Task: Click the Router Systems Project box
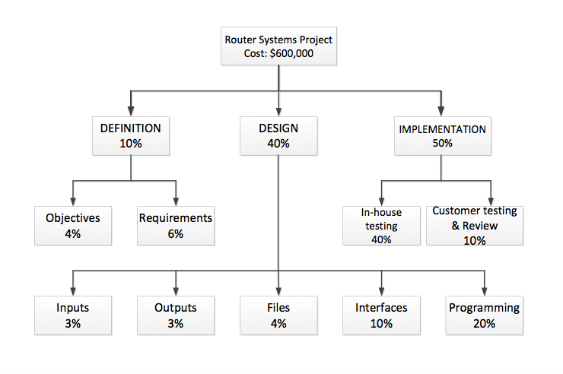278,46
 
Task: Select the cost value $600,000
292,54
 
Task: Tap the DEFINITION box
130,135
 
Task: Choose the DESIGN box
278,135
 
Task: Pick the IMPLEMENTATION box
442,135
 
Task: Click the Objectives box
73,225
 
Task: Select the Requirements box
176,225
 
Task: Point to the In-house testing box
381,225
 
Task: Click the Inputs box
73,315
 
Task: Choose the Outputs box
176,315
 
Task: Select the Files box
278,315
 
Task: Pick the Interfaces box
381,315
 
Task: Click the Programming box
484,315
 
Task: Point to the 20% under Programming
484,323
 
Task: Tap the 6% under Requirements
176,233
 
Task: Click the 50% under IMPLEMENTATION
442,143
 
